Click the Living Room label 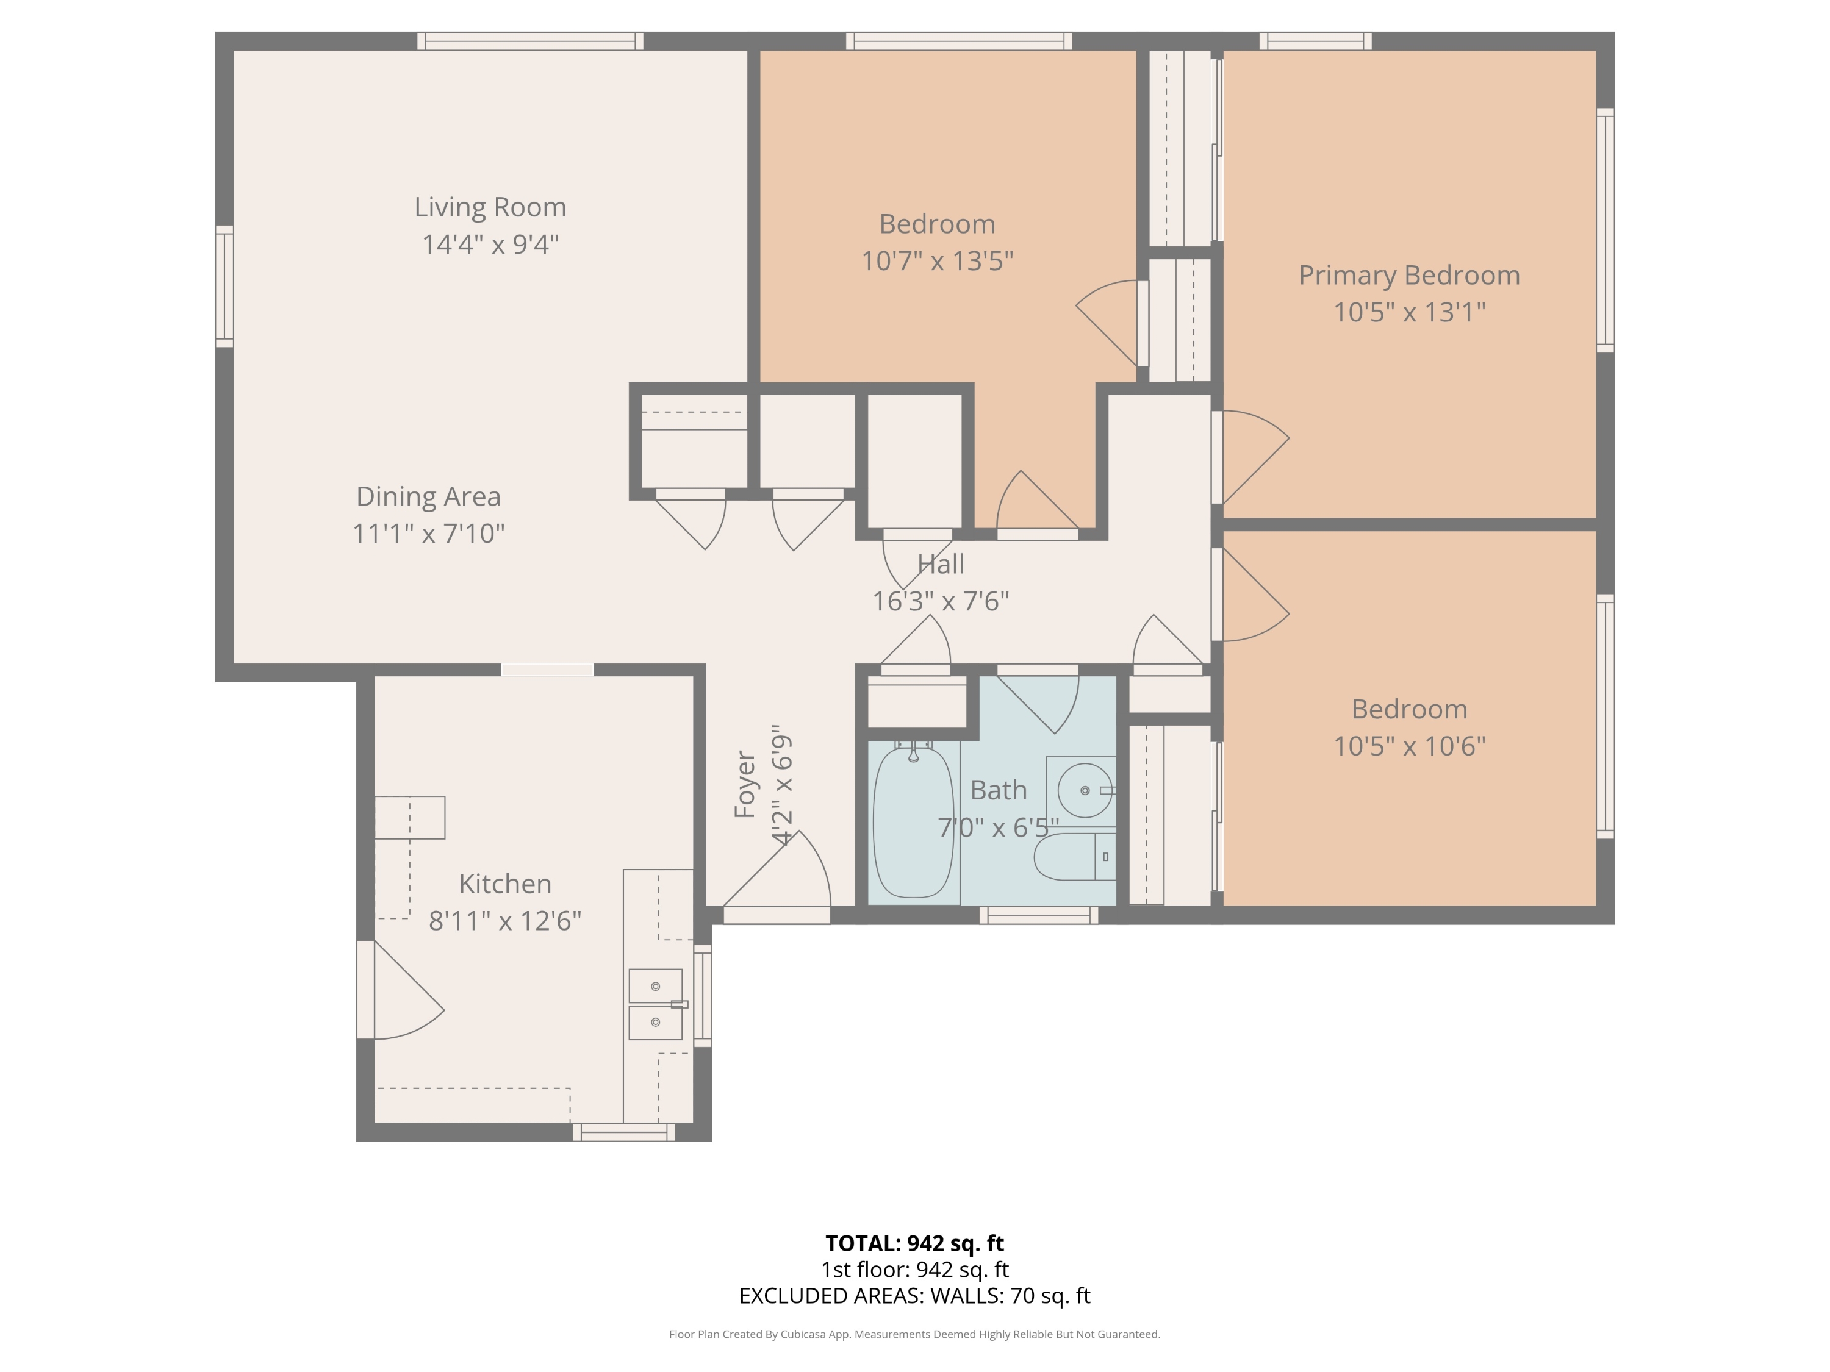490,207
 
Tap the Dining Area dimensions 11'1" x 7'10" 429,534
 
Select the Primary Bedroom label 1409,276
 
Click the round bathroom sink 1085,791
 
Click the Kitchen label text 504,884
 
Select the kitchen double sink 656,1004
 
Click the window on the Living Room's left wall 224,286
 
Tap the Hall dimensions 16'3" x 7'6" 941,601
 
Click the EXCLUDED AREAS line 914,1296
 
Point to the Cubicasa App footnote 914,1334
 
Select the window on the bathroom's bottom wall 1038,915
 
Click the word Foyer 745,785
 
